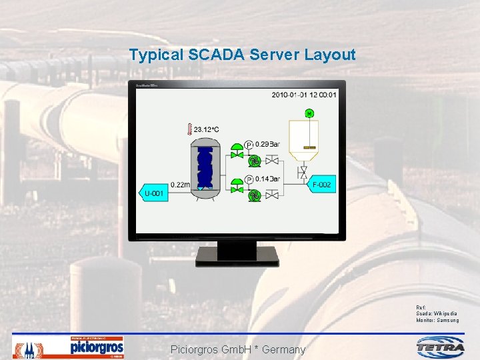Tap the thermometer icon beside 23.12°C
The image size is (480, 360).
point(189,129)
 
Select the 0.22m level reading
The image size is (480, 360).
point(180,185)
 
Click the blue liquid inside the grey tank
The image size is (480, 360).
point(205,167)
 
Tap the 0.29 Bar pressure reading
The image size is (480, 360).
point(267,144)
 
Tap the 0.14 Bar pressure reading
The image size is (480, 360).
point(267,179)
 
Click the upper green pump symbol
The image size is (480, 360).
point(253,161)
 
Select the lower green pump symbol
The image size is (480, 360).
point(253,196)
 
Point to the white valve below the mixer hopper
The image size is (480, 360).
point(303,175)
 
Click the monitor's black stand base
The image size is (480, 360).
point(237,257)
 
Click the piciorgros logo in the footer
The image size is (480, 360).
point(97,347)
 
